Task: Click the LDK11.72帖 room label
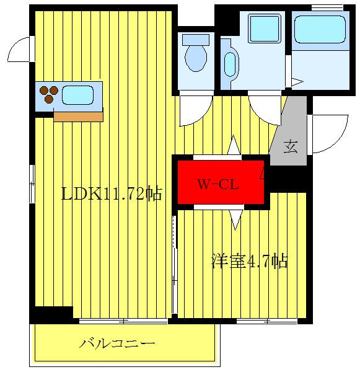tap(112, 194)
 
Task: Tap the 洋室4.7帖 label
tap(250, 261)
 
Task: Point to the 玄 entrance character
tap(291, 147)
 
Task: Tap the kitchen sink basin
tap(77, 95)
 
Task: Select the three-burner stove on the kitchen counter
tap(49, 95)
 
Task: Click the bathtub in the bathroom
tap(320, 29)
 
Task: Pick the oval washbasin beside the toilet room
tap(230, 63)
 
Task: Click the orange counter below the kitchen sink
tap(78, 116)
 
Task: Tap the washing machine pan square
tap(265, 27)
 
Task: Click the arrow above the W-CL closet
tap(234, 146)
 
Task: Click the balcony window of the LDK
tap(124, 321)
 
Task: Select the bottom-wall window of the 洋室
tap(267, 321)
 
